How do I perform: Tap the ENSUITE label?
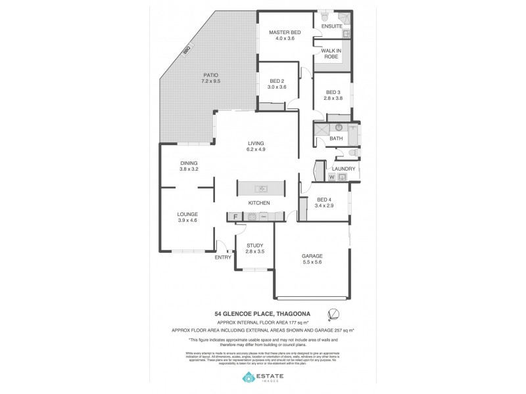click(331, 26)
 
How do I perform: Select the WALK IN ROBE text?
click(330, 54)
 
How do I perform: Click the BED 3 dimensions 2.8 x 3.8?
click(333, 98)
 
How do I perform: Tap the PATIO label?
click(210, 75)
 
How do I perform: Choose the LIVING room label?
click(256, 143)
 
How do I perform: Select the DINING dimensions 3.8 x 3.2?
click(189, 169)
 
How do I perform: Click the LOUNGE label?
click(187, 214)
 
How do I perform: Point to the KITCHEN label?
click(259, 203)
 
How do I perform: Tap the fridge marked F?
click(235, 215)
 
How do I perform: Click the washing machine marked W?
click(331, 177)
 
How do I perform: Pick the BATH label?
click(336, 139)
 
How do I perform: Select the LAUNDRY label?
click(343, 169)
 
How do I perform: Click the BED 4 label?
click(325, 200)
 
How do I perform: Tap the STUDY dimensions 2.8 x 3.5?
click(254, 252)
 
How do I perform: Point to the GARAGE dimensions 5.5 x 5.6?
click(312, 262)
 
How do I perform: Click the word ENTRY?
click(223, 257)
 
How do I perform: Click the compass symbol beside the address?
click(333, 314)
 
